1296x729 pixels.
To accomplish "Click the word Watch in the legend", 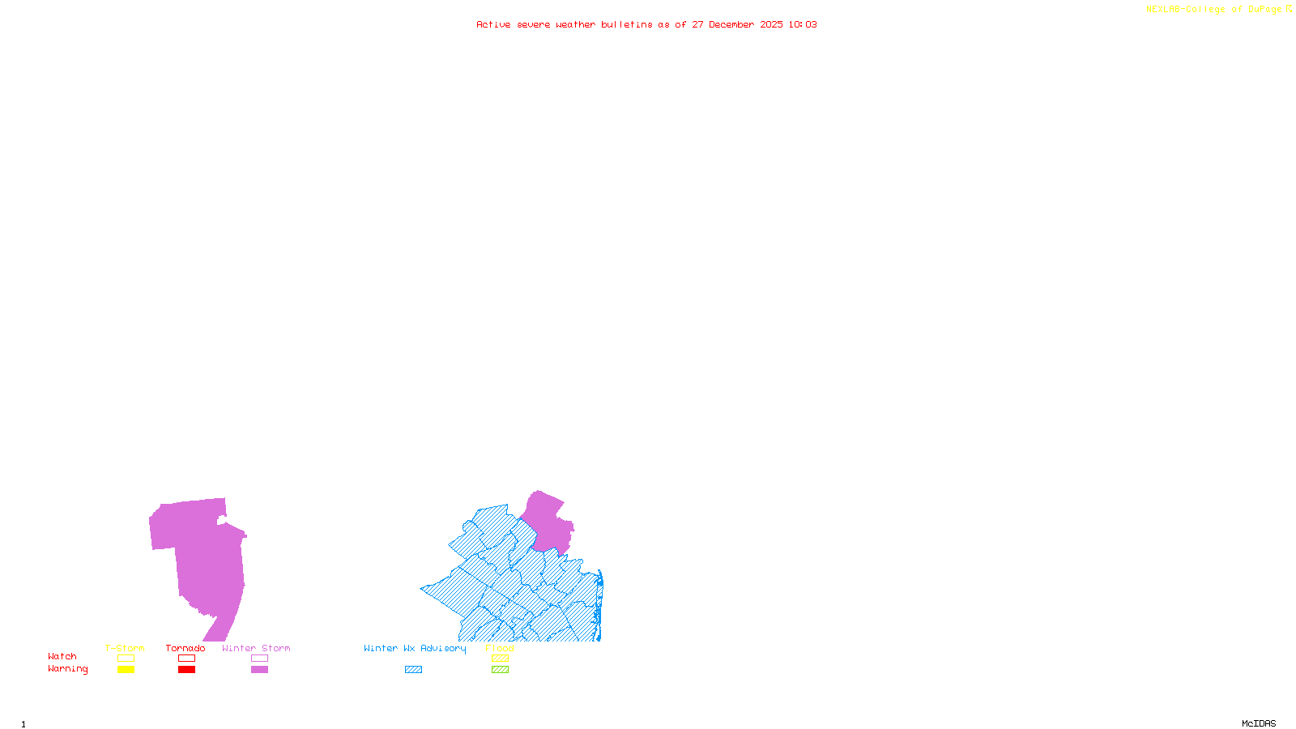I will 62,656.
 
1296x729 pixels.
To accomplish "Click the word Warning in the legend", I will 68,669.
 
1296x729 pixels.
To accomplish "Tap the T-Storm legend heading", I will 125,648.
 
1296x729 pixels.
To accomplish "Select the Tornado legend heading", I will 185,648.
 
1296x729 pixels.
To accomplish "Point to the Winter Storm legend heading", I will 256,648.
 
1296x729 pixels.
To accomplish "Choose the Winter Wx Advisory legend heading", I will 415,648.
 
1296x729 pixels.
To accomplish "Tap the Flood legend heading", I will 500,648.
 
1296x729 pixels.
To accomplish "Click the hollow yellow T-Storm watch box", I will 126,659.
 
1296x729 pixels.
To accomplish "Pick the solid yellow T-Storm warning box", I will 126,670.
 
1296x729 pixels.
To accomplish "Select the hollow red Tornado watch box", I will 186,659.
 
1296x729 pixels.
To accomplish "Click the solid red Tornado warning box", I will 186,670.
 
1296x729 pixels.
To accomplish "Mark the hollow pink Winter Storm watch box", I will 259,659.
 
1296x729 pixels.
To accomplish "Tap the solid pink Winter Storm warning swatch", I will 259,670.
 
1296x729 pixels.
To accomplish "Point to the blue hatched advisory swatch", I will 413,670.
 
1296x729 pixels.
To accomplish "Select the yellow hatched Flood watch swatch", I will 500,659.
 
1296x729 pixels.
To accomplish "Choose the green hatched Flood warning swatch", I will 500,670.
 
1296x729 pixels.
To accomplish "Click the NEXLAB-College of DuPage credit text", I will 1214,10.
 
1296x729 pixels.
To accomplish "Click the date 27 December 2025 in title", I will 737,24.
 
